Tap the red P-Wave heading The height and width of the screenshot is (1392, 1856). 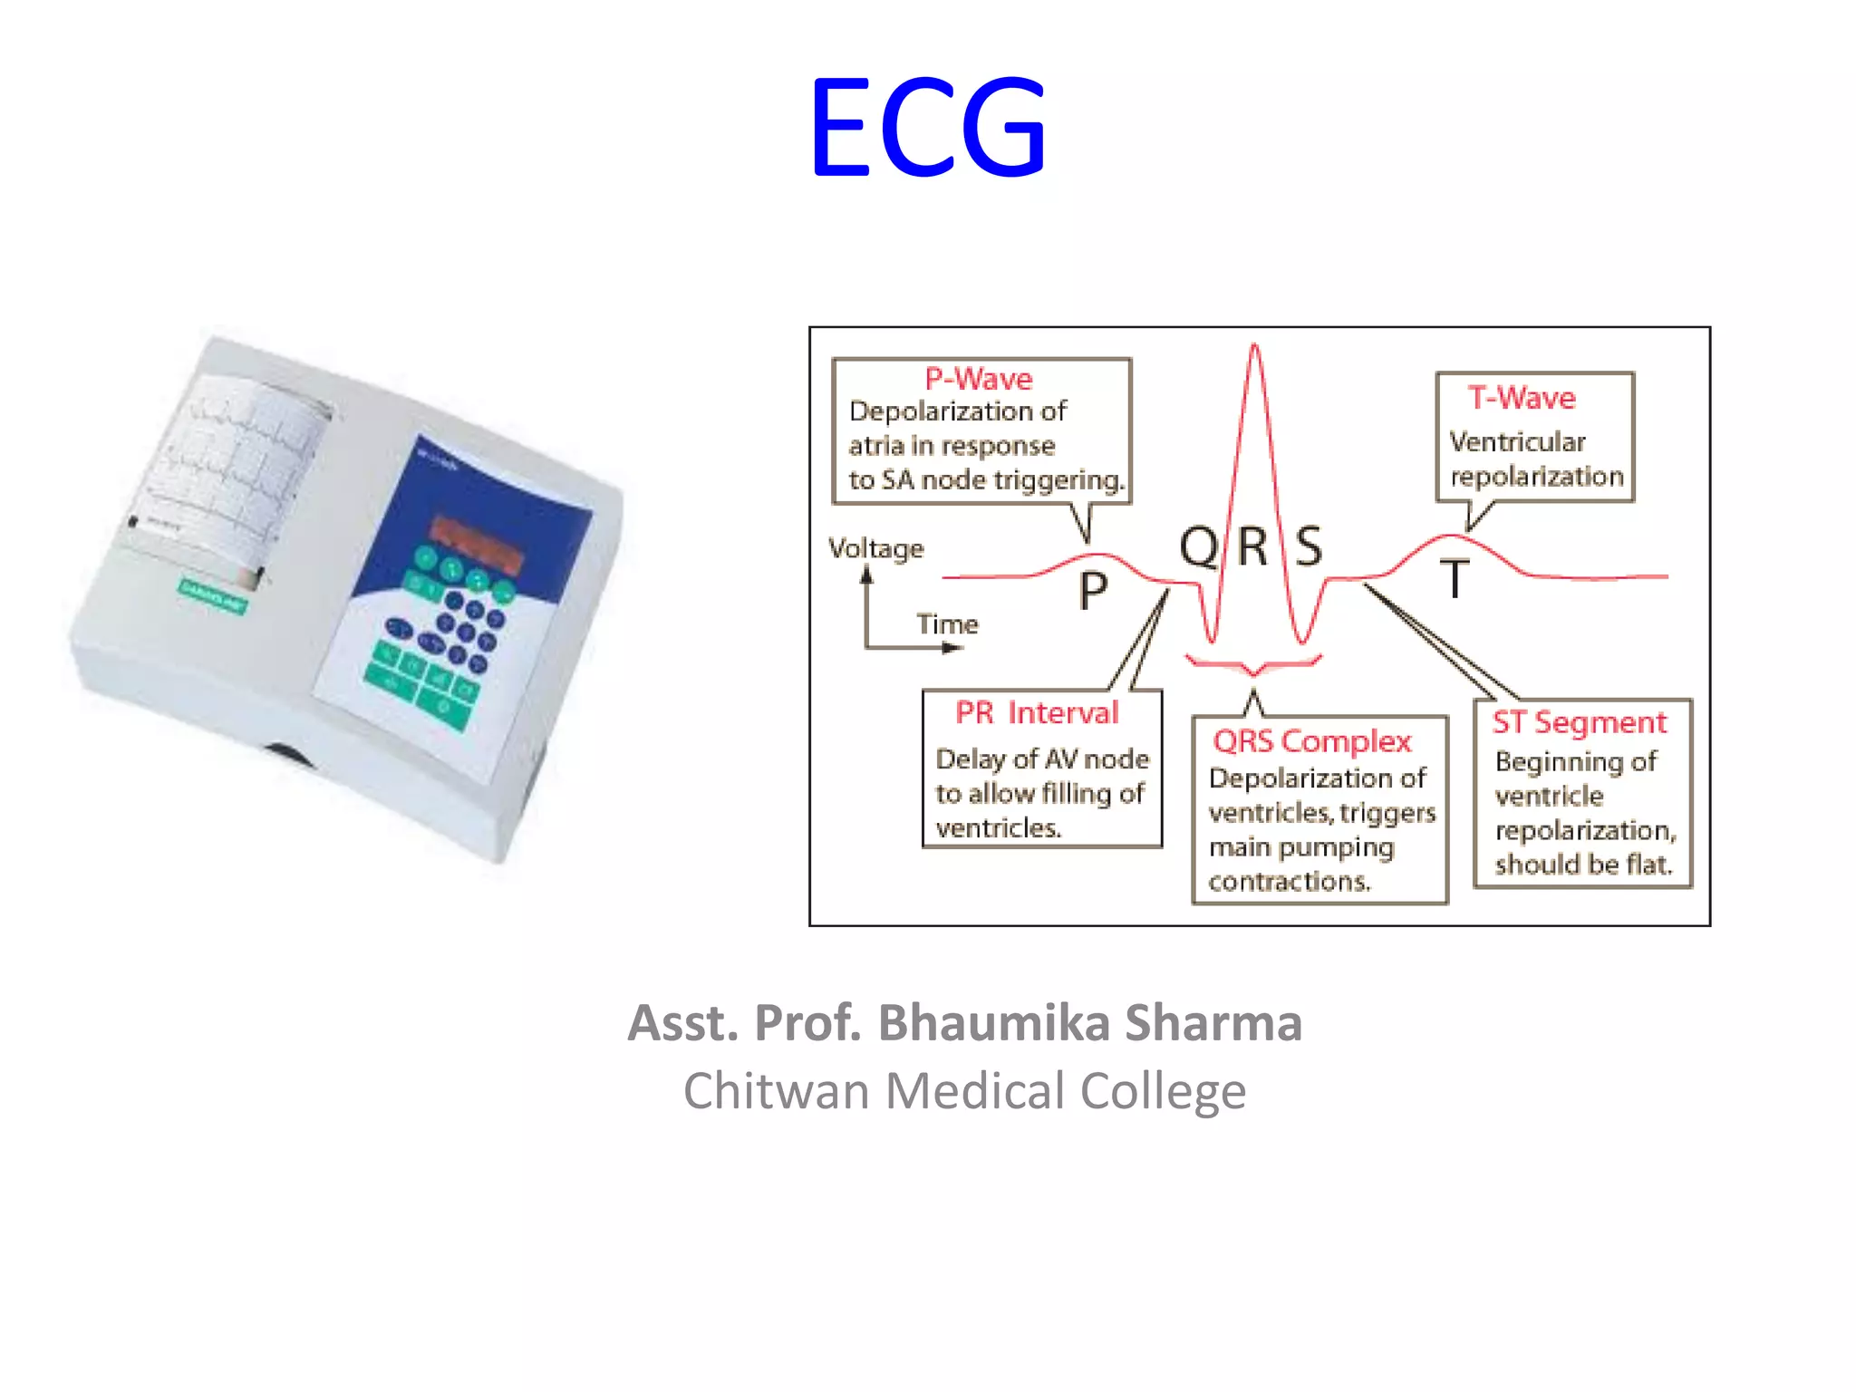coord(979,379)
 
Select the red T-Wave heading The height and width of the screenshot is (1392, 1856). coord(1522,398)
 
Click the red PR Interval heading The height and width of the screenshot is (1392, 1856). coord(1037,713)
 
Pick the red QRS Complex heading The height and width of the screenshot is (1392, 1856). coord(1312,741)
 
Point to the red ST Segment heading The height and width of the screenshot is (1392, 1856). coord(1580,722)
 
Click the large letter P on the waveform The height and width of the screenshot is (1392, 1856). coord(1093,591)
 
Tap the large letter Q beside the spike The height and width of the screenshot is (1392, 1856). coord(1198,546)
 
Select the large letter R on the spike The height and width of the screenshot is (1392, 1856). coord(1252,546)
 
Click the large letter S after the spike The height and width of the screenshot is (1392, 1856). coord(1309,546)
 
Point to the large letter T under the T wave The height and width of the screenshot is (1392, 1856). coord(1455,579)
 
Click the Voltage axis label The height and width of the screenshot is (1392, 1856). coord(875,548)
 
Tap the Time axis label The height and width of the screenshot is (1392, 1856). coord(947,624)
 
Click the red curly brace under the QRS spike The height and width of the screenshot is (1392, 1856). coord(1254,665)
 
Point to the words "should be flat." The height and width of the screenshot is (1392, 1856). coord(1583,865)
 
